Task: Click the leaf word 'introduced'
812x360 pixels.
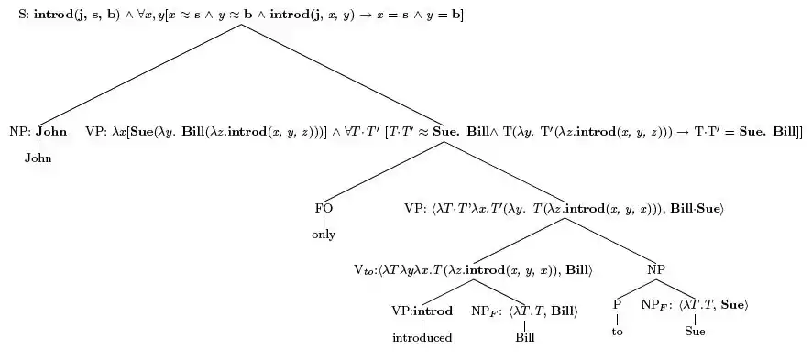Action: pos(422,338)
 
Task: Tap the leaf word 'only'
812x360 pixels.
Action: pos(324,235)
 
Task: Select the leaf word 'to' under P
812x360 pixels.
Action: pos(617,332)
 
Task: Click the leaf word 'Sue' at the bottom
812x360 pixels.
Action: pos(695,331)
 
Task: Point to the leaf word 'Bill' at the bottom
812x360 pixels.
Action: pos(524,338)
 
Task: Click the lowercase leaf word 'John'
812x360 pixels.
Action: pos(38,158)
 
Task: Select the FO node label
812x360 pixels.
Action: pos(324,209)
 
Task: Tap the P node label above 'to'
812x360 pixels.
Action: pos(617,305)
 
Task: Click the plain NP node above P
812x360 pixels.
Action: pos(656,269)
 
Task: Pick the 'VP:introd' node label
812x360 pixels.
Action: pos(422,311)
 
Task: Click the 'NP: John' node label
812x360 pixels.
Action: pos(38,131)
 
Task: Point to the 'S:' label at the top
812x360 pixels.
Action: pos(25,15)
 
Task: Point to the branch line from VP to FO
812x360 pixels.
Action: pos(383,171)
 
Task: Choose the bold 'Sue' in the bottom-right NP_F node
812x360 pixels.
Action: pos(731,305)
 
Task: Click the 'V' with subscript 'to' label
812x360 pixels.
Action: pos(364,270)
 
